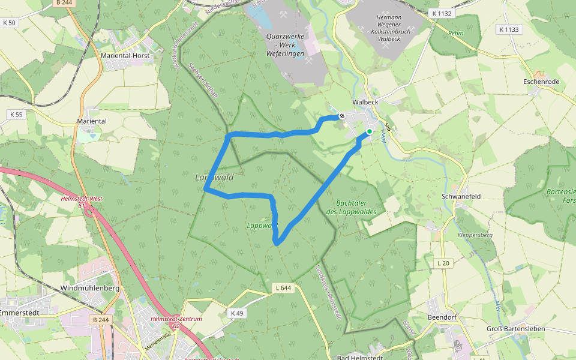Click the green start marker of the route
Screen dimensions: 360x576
pos(370,131)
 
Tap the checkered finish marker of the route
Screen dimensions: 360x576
pos(341,116)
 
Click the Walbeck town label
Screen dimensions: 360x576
pos(365,102)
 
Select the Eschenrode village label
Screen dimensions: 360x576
pos(541,82)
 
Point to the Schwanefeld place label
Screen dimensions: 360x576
pos(461,196)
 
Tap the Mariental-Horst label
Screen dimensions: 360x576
pos(125,55)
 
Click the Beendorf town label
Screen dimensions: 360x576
pos(443,316)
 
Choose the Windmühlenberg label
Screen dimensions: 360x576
pos(90,288)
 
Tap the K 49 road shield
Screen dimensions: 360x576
pos(237,313)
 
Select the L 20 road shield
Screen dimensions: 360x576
pos(443,263)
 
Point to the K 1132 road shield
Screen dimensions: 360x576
pos(443,13)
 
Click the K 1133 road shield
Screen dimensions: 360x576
pos(509,29)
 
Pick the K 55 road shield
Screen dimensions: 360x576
pos(16,114)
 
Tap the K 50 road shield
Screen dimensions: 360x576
pos(9,22)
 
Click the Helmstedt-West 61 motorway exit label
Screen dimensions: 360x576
pos(82,202)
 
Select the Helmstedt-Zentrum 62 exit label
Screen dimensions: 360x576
pos(176,322)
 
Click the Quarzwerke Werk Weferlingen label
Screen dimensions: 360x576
pos(285,45)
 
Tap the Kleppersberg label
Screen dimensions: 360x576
pos(475,235)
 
